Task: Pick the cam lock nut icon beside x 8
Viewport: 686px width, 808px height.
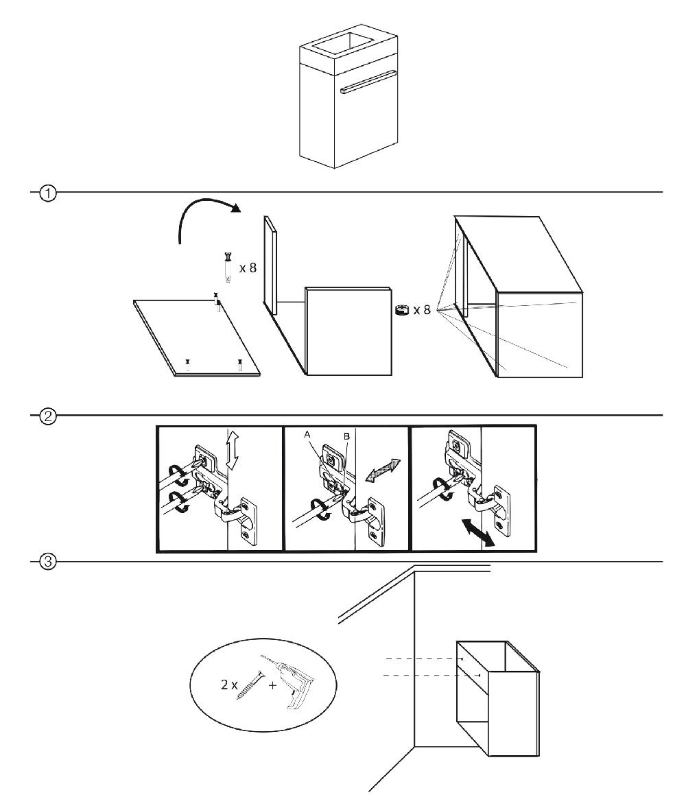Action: [x=402, y=310]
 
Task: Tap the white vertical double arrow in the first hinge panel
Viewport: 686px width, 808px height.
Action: [x=233, y=451]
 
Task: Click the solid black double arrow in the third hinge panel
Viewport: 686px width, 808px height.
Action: [x=477, y=532]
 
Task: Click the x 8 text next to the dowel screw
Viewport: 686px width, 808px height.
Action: [x=248, y=269]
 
